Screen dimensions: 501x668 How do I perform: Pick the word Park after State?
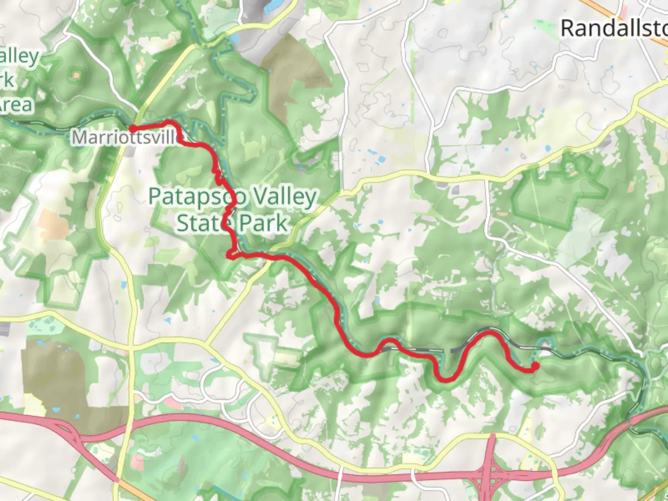click(263, 223)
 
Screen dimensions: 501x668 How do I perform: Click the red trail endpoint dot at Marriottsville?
click(132, 128)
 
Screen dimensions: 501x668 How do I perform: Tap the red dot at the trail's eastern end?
click(535, 366)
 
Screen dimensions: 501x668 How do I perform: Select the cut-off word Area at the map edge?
click(16, 105)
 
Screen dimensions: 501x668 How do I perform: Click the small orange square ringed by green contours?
click(76, 74)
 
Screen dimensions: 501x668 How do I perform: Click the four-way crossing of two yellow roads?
click(132, 346)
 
